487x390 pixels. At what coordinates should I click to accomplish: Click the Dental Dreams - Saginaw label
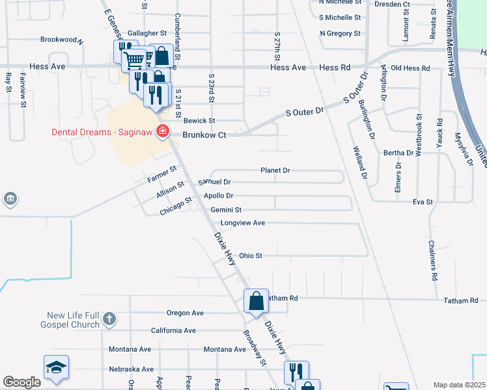(102, 133)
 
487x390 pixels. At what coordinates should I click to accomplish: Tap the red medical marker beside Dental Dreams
(163, 133)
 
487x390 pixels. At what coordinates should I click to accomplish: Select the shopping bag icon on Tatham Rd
(257, 302)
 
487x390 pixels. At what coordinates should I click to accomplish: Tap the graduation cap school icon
(57, 369)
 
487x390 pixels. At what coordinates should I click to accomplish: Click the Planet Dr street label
(275, 170)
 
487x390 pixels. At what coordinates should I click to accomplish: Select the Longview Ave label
(243, 223)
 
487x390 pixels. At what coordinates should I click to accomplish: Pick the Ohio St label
(251, 256)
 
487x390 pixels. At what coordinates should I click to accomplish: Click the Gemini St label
(226, 210)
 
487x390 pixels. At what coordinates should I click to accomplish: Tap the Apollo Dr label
(218, 196)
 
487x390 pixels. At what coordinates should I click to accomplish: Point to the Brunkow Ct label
(204, 135)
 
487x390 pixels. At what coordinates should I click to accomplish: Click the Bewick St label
(199, 121)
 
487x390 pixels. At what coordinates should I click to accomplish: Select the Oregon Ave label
(186, 313)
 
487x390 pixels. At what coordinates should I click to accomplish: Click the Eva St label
(423, 203)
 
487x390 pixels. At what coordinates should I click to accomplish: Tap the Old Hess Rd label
(410, 68)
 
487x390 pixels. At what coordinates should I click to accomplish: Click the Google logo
(21, 382)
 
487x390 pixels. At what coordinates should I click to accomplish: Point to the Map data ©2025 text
(459, 385)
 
